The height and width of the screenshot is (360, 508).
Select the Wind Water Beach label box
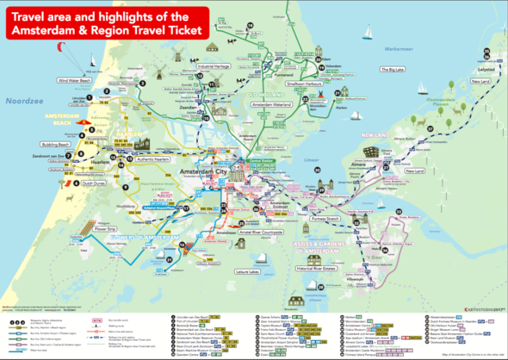click(x=74, y=80)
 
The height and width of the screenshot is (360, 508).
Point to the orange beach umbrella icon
click(x=63, y=183)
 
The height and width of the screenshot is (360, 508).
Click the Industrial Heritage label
click(x=215, y=65)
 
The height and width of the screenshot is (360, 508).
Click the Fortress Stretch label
click(x=331, y=218)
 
